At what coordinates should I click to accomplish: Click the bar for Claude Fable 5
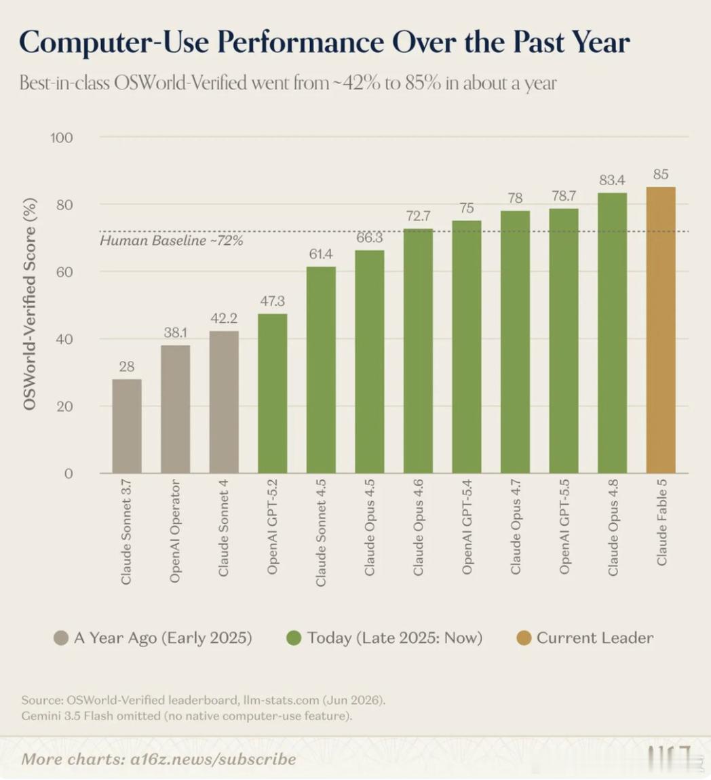coord(661,330)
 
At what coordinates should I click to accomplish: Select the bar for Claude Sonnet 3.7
coord(127,426)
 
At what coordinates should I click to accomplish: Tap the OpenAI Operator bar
coord(175,409)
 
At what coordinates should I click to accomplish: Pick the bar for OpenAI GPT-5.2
coord(273,393)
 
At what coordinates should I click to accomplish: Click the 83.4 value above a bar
coord(612,180)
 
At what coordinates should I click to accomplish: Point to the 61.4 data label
coord(321,254)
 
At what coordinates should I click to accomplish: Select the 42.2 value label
coord(224,318)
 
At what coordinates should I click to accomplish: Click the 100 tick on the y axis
coord(62,137)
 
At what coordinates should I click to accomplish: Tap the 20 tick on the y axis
coord(64,406)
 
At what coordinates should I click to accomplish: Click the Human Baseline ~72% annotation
coord(172,241)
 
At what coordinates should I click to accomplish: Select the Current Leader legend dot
coord(524,638)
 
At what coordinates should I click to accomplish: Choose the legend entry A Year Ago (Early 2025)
coord(153,638)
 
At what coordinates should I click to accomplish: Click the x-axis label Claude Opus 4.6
coord(418,527)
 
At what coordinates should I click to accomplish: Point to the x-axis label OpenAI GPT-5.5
coord(564,527)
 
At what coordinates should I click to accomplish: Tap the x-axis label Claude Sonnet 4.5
coord(321,532)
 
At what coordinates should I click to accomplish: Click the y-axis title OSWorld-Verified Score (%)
coord(29,304)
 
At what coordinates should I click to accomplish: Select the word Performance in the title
coord(301,42)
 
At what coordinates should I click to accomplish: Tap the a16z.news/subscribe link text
coord(213,759)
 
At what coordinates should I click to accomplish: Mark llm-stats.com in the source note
coord(281,700)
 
